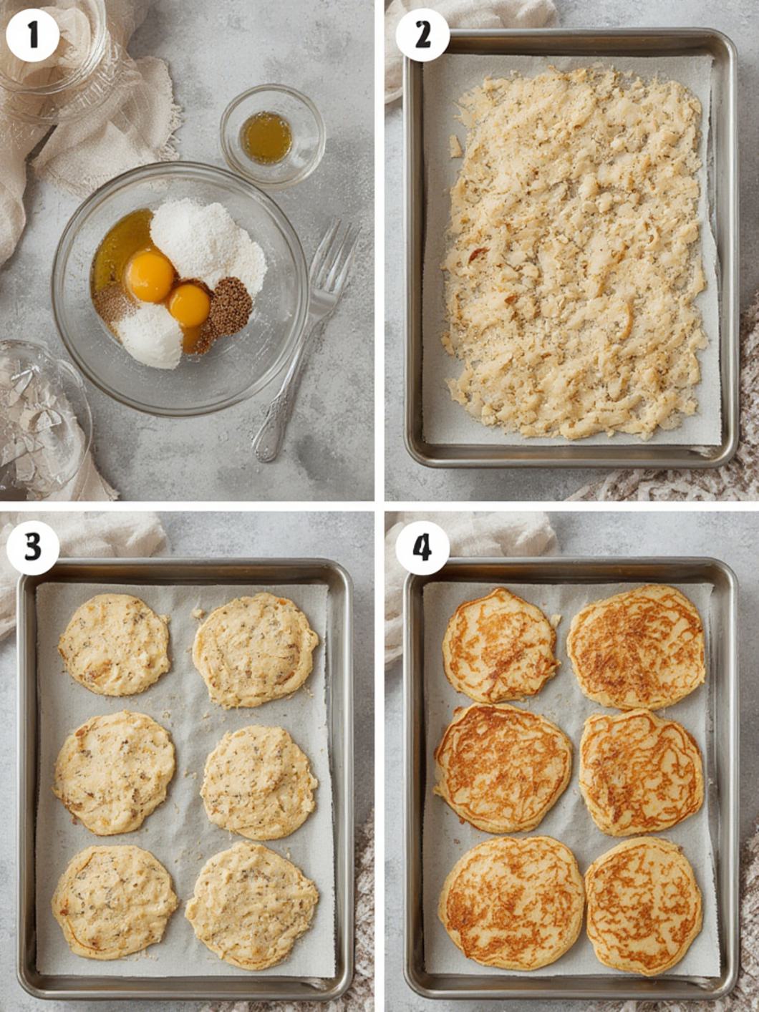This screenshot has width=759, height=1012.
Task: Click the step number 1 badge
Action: (32, 35)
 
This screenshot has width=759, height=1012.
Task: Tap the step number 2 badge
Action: (422, 35)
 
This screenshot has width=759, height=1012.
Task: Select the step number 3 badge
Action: (32, 548)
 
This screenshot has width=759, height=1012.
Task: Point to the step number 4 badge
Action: (422, 548)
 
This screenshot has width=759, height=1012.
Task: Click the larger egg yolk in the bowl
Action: (150, 276)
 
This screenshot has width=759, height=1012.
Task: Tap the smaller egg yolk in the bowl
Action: (189, 305)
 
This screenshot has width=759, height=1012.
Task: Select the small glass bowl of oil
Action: (273, 135)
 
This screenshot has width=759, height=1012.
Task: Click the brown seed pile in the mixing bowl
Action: (231, 306)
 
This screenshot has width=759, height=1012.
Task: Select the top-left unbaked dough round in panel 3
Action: (114, 645)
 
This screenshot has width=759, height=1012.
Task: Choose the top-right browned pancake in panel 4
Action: (637, 646)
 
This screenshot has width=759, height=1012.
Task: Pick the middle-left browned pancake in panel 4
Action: (503, 769)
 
